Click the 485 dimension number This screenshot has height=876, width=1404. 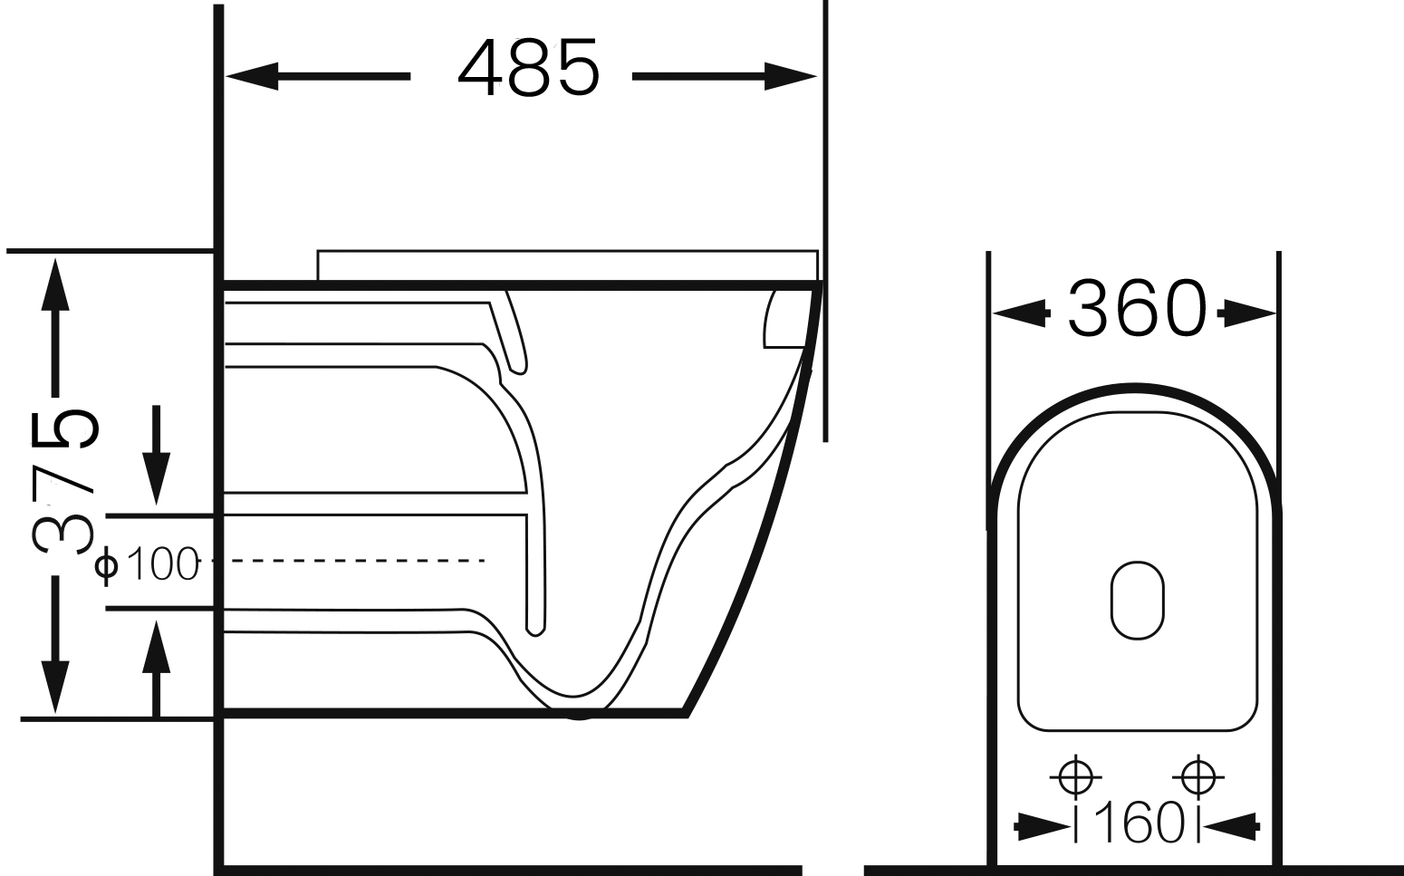[529, 68]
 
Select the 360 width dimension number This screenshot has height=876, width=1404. [1137, 308]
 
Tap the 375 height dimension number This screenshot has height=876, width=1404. [64, 482]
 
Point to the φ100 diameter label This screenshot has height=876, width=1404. [147, 563]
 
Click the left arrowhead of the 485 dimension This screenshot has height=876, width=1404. [252, 76]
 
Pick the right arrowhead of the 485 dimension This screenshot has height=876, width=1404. [791, 76]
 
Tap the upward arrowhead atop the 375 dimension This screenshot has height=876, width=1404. [55, 284]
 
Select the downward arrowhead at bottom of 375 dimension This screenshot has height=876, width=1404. [55, 688]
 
